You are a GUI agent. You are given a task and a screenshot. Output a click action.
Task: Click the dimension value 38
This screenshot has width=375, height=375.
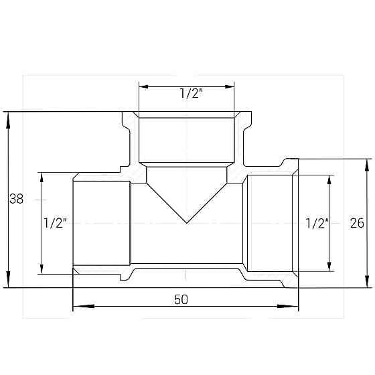[x=16, y=198]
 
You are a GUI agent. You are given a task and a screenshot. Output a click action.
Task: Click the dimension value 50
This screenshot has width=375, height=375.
[x=181, y=299]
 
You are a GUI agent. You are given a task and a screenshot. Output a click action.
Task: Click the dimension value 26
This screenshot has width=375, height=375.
[x=357, y=223]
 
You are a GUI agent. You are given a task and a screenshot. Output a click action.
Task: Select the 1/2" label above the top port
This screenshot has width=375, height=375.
[x=191, y=93]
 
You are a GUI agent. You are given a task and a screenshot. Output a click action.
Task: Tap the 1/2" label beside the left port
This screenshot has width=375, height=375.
[x=55, y=223]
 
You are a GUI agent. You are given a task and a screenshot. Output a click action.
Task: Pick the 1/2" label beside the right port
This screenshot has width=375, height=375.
[x=317, y=224]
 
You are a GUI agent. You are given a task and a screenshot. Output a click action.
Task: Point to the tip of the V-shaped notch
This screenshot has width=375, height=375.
[x=187, y=223]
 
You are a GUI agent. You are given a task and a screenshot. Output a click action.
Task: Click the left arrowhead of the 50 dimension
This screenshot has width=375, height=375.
[x=83, y=306]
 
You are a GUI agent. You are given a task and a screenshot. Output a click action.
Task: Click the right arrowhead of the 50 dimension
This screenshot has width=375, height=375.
[x=288, y=306]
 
